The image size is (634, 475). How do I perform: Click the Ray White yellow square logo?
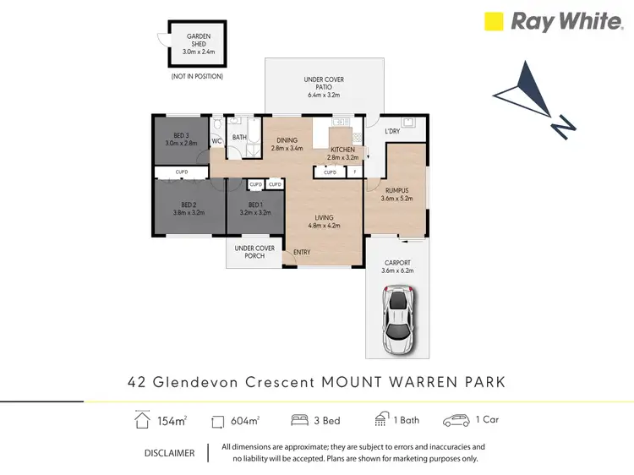[494, 21]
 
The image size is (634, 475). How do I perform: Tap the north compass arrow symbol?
[533, 98]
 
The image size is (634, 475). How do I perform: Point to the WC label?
[217, 141]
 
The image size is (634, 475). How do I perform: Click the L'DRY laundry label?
[392, 132]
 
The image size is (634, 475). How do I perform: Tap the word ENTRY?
[302, 252]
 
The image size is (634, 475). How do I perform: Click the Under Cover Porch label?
[255, 252]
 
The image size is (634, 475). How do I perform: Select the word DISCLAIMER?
[170, 453]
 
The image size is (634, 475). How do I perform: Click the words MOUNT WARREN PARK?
[413, 382]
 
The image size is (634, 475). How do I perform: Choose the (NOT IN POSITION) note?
[197, 76]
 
